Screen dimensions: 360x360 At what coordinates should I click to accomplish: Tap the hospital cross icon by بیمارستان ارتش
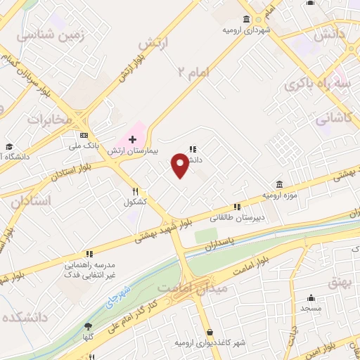coord(132,139)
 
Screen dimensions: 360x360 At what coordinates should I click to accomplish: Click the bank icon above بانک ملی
coord(84,135)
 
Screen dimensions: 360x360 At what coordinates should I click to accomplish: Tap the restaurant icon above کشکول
coord(134,191)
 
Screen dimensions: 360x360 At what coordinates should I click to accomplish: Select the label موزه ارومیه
coord(277,193)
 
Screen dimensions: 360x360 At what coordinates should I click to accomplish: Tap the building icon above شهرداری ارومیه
coord(246,19)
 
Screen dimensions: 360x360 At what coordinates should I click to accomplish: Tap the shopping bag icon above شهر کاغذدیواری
coord(210,332)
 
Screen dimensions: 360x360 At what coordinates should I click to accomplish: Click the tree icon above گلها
coord(88,326)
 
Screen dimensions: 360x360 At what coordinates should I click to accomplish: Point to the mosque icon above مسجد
coord(310,298)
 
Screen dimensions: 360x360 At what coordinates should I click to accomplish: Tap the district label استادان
coord(31,201)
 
